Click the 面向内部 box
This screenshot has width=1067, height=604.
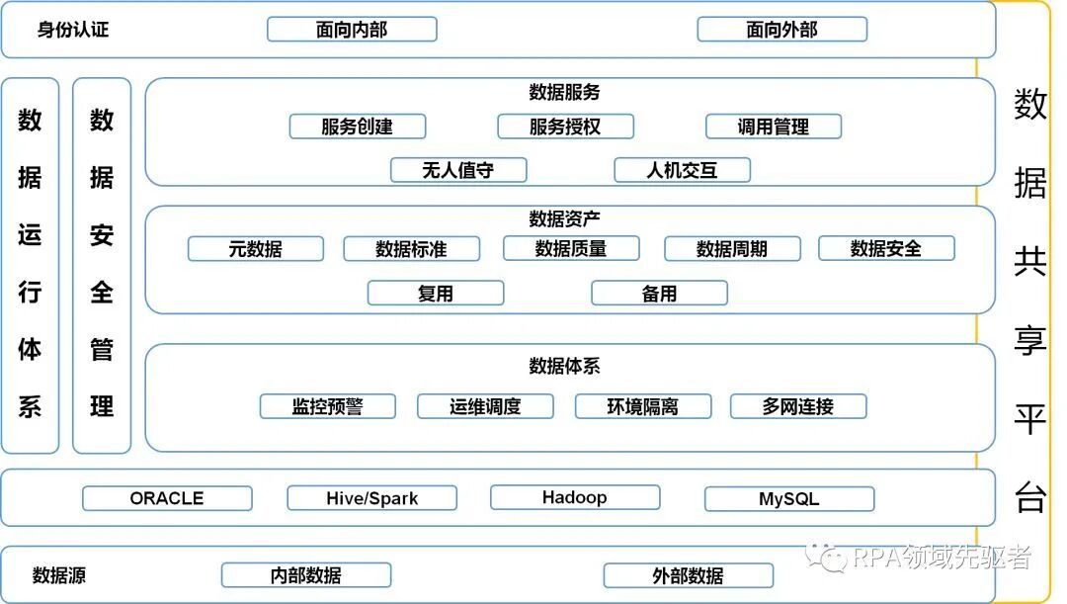point(352,30)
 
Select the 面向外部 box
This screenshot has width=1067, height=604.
point(781,30)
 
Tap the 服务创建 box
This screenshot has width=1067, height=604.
point(357,127)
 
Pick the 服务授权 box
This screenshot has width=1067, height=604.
point(565,127)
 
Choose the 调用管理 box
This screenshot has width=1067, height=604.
point(774,127)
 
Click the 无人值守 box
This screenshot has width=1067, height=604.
point(458,170)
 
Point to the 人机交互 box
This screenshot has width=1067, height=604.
point(682,170)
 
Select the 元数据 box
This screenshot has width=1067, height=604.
point(255,249)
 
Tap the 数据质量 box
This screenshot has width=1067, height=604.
point(571,249)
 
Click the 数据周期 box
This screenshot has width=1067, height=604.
point(732,249)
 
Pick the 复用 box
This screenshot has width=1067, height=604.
point(436,294)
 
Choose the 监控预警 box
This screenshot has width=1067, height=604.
point(327,406)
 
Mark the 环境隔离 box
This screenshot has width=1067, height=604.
point(643,406)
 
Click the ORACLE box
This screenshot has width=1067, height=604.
point(167,498)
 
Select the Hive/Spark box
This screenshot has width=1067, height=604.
point(371,498)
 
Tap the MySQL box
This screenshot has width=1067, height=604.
point(788,498)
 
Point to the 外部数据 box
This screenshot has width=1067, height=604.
point(688,575)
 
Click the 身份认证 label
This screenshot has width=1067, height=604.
point(73,30)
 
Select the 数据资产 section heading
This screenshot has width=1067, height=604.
point(565,217)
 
